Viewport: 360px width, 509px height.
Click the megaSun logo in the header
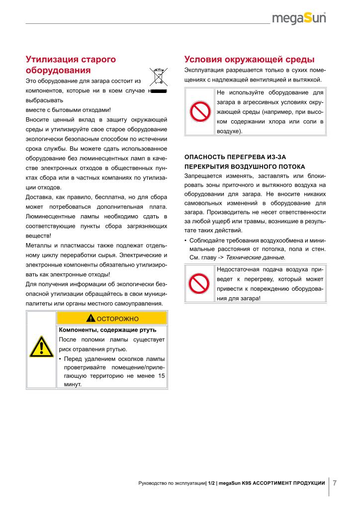pyautogui.click(x=301, y=19)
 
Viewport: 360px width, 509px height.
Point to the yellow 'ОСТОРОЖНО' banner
pyautogui.click(x=112, y=318)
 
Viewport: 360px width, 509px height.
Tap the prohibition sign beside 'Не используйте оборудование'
pyautogui.click(x=199, y=112)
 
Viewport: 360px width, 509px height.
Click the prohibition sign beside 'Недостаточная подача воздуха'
pyautogui.click(x=199, y=284)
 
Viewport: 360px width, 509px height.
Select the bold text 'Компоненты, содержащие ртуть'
pyautogui.click(x=107, y=330)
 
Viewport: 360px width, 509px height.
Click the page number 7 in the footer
pyautogui.click(x=335, y=482)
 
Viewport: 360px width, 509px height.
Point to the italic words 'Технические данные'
pyautogui.click(x=255, y=257)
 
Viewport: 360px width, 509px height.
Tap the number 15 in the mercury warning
pyautogui.click(x=161, y=376)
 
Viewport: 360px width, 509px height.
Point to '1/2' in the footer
pyautogui.click(x=211, y=483)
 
